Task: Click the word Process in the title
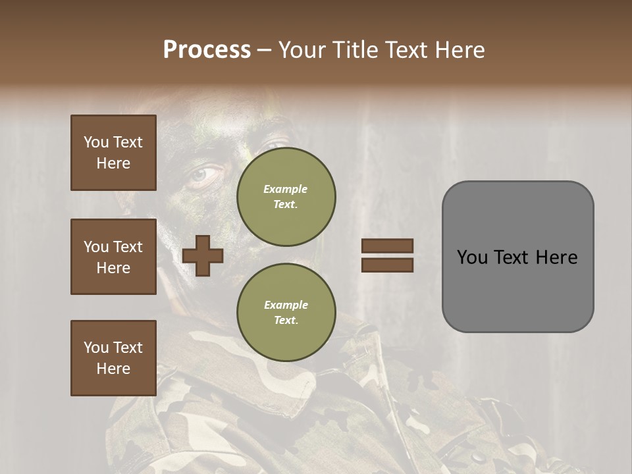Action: (207, 50)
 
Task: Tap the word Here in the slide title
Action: (456, 50)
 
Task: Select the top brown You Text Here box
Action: (113, 153)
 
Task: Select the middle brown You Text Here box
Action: (113, 257)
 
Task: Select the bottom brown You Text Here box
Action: (113, 358)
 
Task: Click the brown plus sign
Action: (202, 255)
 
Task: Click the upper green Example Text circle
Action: (286, 196)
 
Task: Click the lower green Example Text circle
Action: (286, 312)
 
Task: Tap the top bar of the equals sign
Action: (387, 246)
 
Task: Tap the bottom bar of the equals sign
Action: (387, 265)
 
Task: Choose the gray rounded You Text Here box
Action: (517, 257)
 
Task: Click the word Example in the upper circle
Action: (286, 189)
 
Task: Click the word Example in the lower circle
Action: (286, 305)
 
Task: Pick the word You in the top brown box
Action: (96, 142)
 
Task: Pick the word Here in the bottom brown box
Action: (113, 369)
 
